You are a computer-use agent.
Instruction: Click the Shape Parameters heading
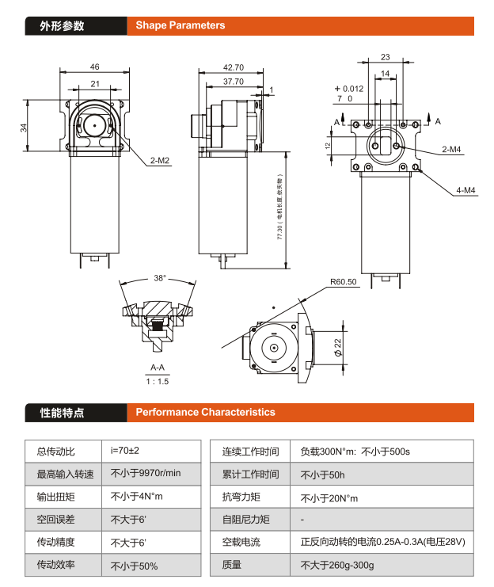point(180,25)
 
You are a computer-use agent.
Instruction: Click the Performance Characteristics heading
point(205,412)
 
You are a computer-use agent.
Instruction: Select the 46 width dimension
point(94,67)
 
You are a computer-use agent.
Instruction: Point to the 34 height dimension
point(24,127)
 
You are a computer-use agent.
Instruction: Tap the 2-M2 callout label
point(161,160)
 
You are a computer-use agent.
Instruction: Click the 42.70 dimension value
point(233,67)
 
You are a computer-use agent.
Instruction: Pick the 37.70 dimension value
point(233,82)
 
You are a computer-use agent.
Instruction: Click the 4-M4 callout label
point(465,190)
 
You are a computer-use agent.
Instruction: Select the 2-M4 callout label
point(452,148)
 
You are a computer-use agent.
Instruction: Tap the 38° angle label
point(160,278)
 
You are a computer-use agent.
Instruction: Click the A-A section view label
point(158,368)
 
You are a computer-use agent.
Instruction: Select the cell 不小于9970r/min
point(146,474)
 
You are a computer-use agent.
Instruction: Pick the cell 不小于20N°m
point(329,497)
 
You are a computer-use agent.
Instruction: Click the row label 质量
point(231,566)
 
